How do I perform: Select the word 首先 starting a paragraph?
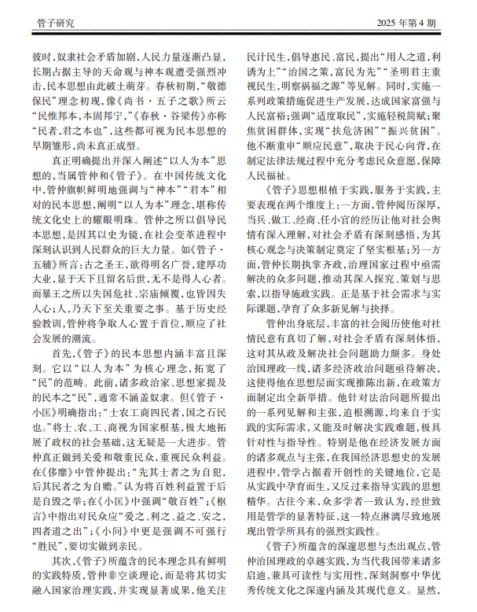click(x=61, y=356)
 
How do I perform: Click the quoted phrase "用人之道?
click(x=401, y=57)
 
